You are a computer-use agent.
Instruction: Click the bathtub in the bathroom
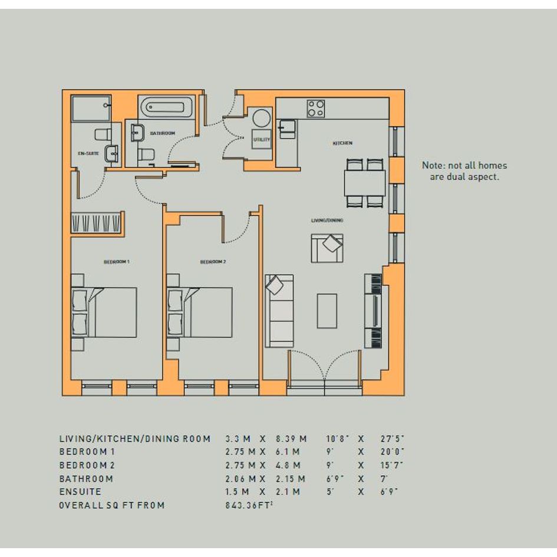coord(166,107)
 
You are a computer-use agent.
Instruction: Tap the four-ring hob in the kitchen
coord(316,108)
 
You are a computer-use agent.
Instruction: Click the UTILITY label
coord(262,140)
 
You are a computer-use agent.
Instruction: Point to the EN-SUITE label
coord(88,153)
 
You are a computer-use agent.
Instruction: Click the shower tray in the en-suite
coord(91,108)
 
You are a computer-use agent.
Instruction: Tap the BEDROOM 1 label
coord(117,262)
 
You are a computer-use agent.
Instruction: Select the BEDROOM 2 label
coord(213,262)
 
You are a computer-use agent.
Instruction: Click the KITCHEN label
coord(342,143)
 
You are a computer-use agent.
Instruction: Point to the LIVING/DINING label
coord(327,220)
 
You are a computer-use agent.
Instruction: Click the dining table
coord(365,183)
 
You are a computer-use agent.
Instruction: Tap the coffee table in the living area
coord(327,311)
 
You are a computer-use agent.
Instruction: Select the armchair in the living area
coord(327,248)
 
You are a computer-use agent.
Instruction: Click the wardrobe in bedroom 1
coord(97,223)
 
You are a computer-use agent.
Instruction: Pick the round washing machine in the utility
coord(262,118)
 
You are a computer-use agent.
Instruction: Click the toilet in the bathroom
coord(146,154)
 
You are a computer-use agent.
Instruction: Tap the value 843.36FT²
coord(249,505)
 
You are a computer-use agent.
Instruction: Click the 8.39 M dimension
coord(291,439)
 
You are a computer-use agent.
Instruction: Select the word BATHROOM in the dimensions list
coord(86,479)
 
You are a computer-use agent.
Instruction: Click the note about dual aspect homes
coord(464,171)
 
